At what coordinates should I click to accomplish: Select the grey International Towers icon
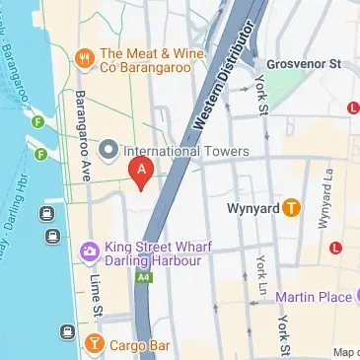[x=108, y=150]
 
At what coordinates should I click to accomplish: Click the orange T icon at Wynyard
[x=291, y=208]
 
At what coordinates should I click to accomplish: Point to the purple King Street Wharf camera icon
[x=88, y=252]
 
